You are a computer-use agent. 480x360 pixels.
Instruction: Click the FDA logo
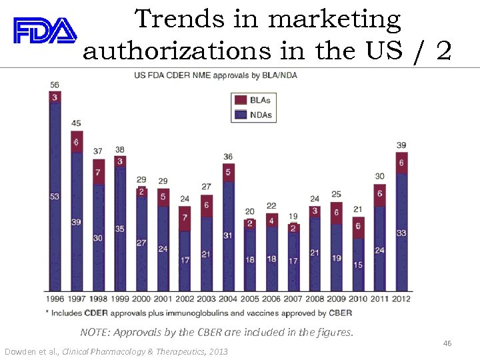point(45,30)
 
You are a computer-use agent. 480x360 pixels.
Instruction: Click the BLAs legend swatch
point(240,100)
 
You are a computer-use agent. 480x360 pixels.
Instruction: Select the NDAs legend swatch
point(240,115)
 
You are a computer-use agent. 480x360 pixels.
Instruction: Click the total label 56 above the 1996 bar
point(55,85)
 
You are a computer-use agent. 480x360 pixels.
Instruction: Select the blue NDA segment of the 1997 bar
point(77,220)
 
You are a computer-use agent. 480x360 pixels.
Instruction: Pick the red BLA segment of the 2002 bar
point(185,218)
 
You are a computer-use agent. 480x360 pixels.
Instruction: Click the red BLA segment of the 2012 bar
point(401,163)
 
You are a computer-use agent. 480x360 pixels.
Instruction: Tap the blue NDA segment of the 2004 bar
point(228,237)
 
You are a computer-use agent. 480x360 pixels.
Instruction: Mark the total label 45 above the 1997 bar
point(77,123)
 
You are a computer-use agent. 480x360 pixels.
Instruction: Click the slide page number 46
point(447,343)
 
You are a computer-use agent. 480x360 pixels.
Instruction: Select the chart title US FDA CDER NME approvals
point(215,75)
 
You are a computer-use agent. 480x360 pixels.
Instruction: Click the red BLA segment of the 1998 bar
point(98,172)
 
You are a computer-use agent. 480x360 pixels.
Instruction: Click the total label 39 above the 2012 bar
point(401,145)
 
